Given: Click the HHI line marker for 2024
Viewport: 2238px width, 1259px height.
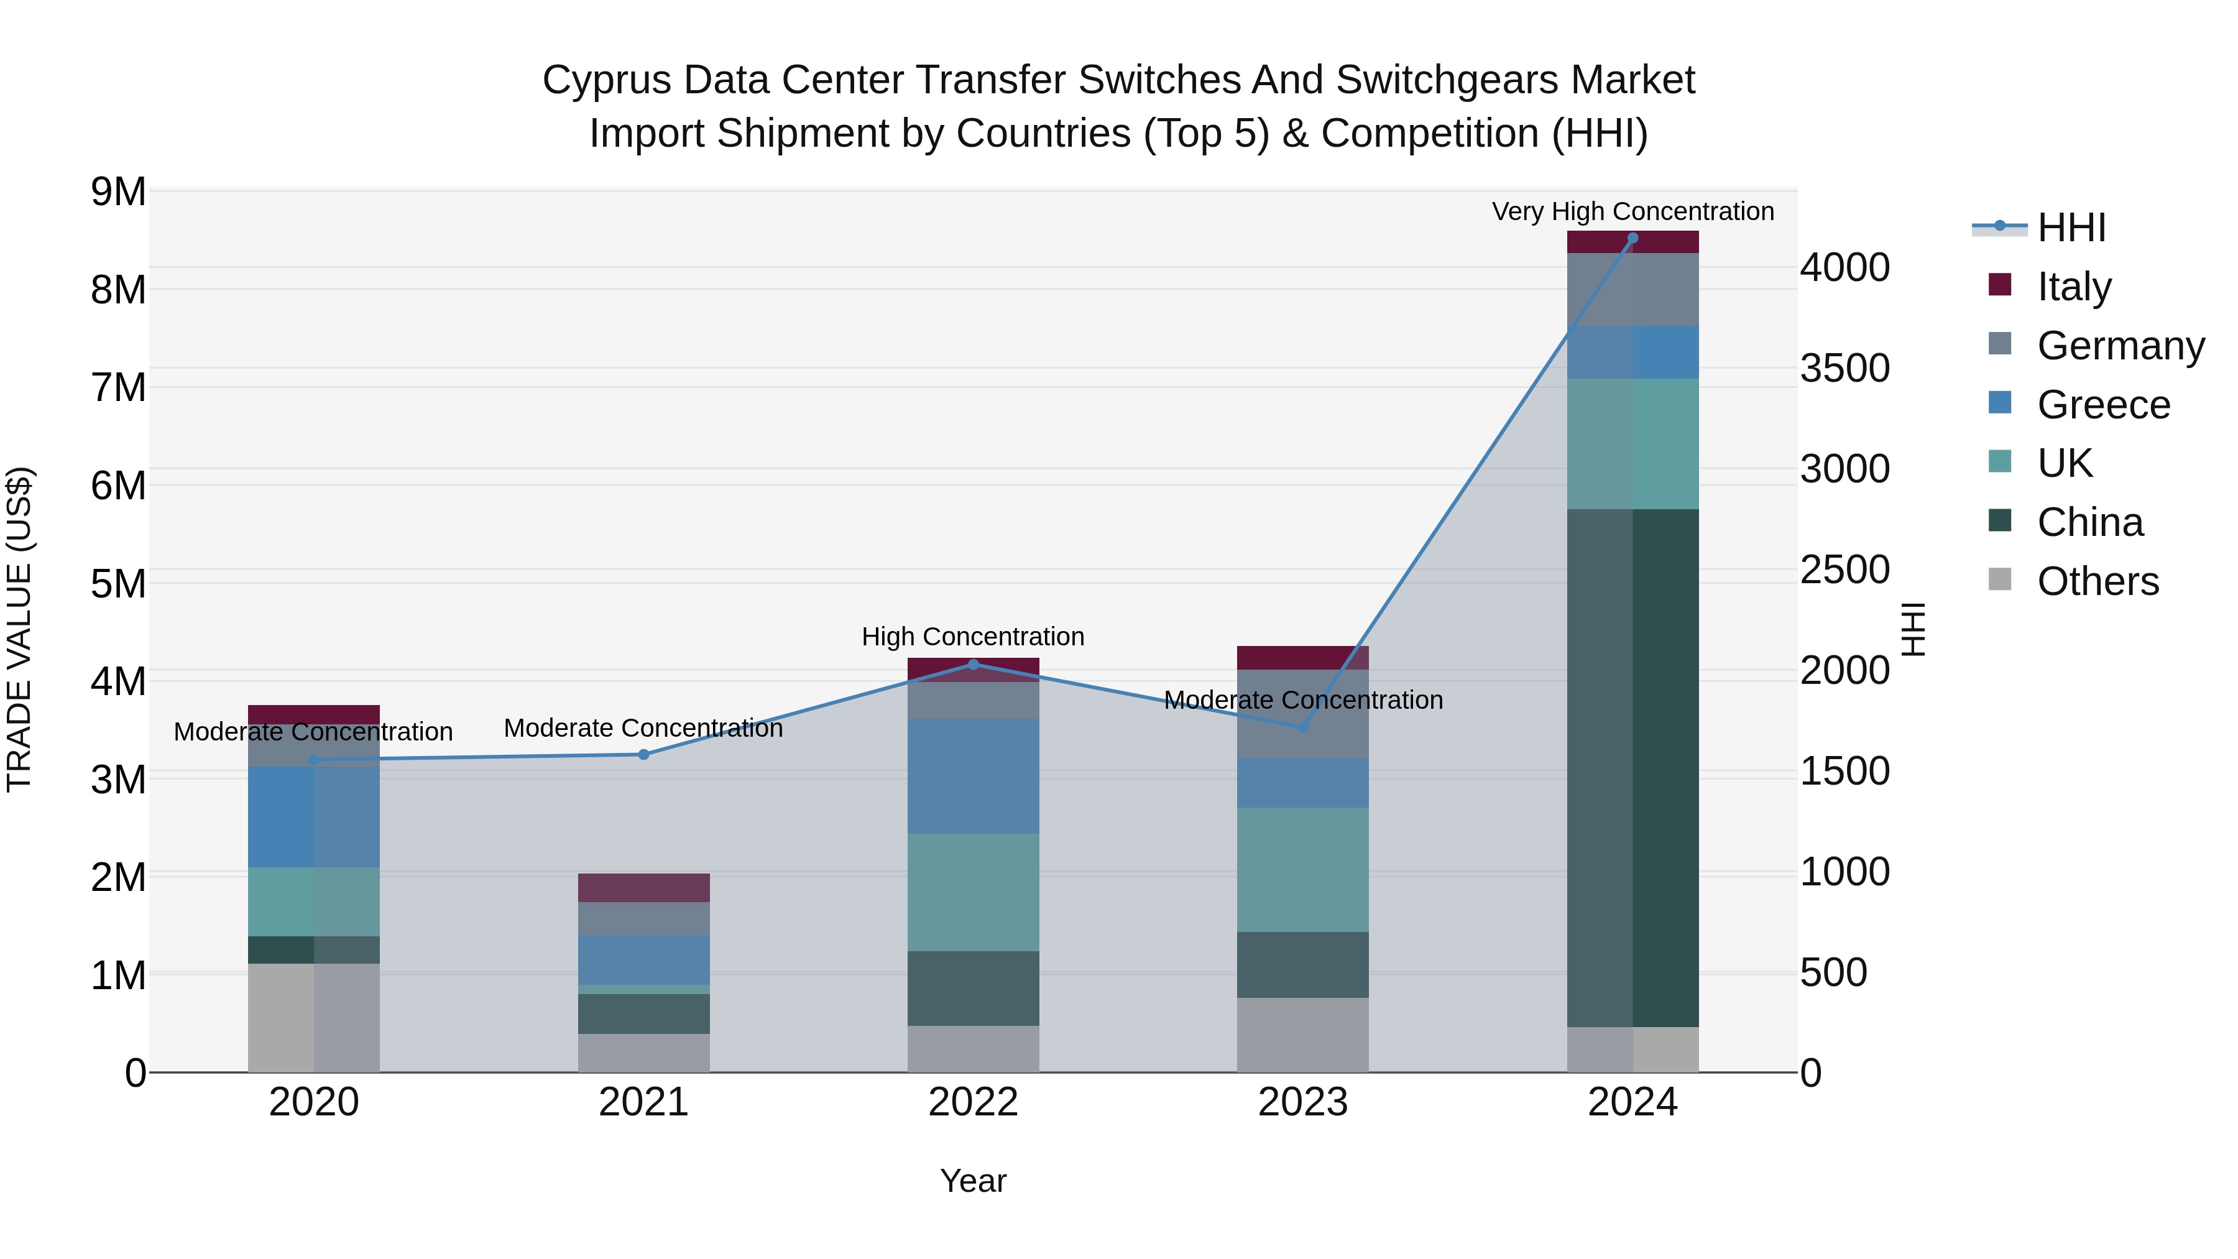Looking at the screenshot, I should pos(1632,238).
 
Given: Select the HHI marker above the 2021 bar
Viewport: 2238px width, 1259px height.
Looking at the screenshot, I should pos(644,754).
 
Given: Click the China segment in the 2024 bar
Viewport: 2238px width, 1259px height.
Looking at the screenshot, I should pos(1632,768).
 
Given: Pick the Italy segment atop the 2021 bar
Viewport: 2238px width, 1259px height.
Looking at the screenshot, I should pos(644,887).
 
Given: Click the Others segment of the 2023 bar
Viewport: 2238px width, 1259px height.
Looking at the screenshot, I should pos(1302,1035).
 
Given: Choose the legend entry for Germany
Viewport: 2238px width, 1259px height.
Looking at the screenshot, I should pos(2120,345).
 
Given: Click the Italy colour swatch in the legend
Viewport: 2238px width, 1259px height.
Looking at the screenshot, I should pos(2000,285).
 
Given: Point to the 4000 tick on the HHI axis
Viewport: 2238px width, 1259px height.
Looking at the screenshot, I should pos(1844,267).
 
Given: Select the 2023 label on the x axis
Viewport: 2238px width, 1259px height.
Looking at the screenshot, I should pos(1302,1102).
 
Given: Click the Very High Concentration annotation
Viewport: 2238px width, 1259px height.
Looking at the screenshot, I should pos(1632,211).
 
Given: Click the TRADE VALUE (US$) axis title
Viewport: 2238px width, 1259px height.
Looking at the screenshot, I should pos(19,629).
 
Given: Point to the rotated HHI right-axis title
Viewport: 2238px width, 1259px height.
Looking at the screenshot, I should pos(1913,629).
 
